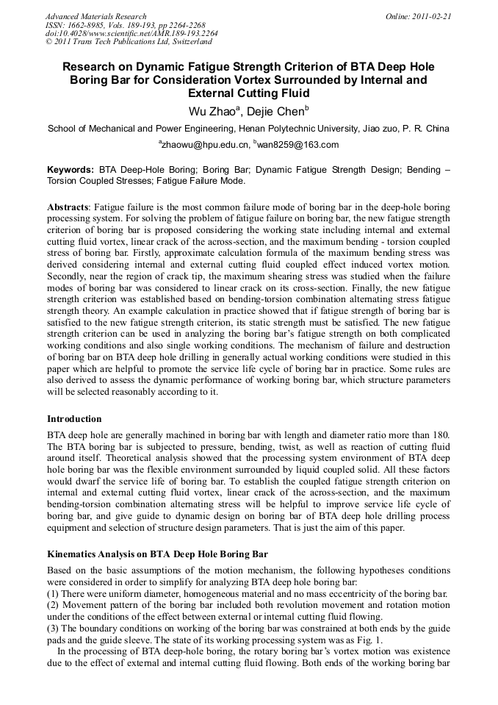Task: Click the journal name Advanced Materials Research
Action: coord(96,16)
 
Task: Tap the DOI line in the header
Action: coord(131,33)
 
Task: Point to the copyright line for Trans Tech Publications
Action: coord(129,42)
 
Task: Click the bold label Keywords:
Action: coord(71,170)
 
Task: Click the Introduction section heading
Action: coord(74,419)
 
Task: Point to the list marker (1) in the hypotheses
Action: coord(53,593)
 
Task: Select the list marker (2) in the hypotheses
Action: coord(53,605)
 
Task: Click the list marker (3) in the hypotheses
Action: coord(53,629)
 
